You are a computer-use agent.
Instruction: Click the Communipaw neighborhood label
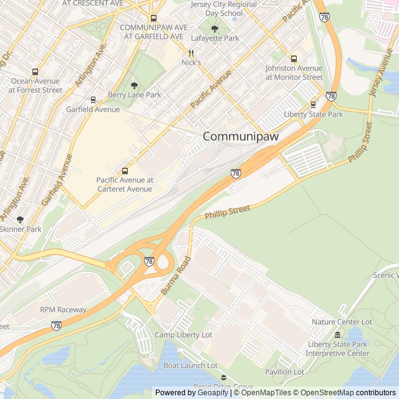(x=240, y=137)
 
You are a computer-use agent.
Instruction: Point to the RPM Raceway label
(x=63, y=310)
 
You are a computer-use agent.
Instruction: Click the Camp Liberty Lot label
(x=183, y=335)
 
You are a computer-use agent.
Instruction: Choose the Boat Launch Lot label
(x=190, y=365)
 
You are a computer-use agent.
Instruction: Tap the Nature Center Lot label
(x=342, y=322)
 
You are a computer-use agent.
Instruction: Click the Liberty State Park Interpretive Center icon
(x=338, y=335)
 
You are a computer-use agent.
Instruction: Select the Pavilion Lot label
(x=284, y=372)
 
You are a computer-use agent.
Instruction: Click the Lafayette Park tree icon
(x=215, y=29)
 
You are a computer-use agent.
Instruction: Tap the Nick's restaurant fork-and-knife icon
(x=191, y=54)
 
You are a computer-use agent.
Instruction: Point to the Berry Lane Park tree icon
(x=134, y=85)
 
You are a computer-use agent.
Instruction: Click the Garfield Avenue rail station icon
(x=93, y=100)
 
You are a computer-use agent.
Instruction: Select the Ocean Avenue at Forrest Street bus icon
(x=35, y=72)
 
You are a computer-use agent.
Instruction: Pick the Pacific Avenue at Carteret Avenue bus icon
(x=125, y=171)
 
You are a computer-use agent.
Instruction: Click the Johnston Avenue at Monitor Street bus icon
(x=294, y=59)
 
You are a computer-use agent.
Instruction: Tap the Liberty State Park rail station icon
(x=313, y=105)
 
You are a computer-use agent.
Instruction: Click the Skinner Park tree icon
(x=20, y=219)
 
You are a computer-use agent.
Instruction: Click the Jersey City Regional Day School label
(x=215, y=9)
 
